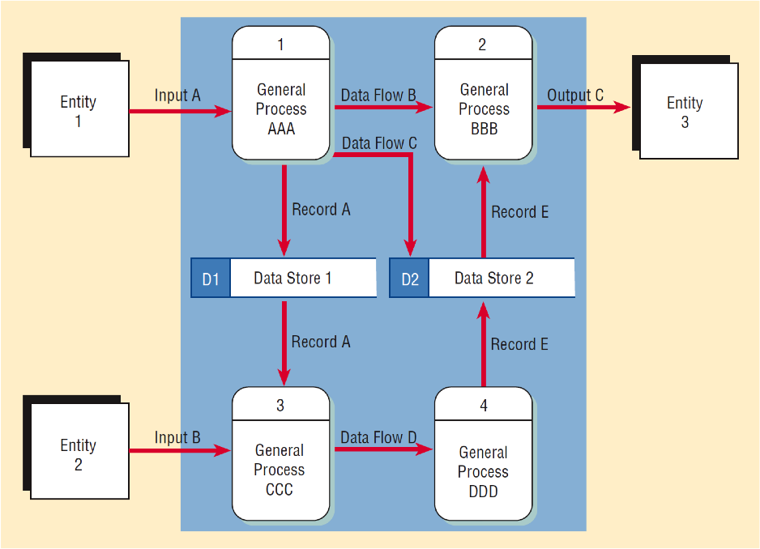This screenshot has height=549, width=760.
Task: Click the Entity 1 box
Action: (79, 111)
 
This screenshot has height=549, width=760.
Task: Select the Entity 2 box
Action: (79, 454)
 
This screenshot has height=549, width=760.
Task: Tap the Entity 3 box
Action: (685, 112)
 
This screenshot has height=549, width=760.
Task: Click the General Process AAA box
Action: (281, 109)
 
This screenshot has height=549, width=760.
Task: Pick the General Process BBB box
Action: (484, 109)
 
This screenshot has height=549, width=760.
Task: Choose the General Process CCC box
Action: (280, 470)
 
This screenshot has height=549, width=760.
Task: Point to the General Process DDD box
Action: (483, 471)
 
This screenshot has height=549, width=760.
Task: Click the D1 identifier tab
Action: (211, 279)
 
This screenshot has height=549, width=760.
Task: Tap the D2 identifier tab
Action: (410, 279)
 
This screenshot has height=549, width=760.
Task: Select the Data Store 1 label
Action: (292, 279)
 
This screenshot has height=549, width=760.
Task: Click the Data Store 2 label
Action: (493, 279)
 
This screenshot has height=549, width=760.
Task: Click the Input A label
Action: (177, 96)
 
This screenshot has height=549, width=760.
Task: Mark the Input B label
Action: (177, 438)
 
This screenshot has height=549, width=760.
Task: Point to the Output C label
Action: (575, 96)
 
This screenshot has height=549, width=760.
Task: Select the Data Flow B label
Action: (378, 96)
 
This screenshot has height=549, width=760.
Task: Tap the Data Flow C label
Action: (379, 143)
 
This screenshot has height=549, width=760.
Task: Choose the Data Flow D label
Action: (378, 437)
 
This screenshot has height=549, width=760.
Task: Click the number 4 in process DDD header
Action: (484, 405)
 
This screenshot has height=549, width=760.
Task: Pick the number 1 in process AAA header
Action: (281, 45)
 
